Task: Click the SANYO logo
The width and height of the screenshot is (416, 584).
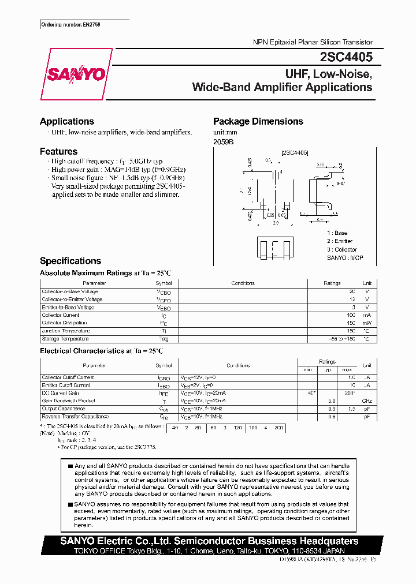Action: pyautogui.click(x=76, y=74)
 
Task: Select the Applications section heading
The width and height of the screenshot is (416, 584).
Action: pyautogui.click(x=66, y=121)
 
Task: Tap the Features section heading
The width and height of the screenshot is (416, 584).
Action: pyautogui.click(x=58, y=151)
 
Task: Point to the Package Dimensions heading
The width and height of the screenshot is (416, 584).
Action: pyautogui.click(x=258, y=121)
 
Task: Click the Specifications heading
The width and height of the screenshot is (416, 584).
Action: pyautogui.click(x=70, y=261)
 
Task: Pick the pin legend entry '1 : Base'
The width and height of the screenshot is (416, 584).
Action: pyautogui.click(x=337, y=233)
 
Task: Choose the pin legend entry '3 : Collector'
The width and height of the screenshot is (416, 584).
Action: pyautogui.click(x=341, y=249)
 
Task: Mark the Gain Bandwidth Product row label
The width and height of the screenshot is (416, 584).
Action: pyautogui.click(x=68, y=400)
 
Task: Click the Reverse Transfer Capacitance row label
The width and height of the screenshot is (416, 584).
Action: pyautogui.click(x=75, y=416)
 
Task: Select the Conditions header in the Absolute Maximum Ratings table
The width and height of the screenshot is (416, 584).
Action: pyautogui.click(x=243, y=283)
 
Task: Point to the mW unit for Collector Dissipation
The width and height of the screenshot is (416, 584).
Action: pyautogui.click(x=366, y=323)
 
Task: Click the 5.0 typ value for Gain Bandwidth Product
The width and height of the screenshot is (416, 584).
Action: pyautogui.click(x=332, y=400)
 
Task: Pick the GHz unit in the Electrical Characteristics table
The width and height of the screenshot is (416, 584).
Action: pyautogui.click(x=366, y=400)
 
